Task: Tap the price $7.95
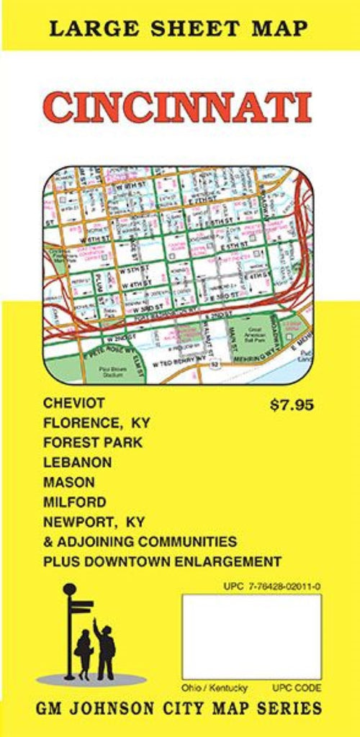(x=292, y=404)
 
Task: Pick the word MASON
(x=68, y=482)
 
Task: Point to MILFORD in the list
(x=74, y=502)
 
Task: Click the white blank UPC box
(x=251, y=636)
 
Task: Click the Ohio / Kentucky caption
(x=214, y=687)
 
